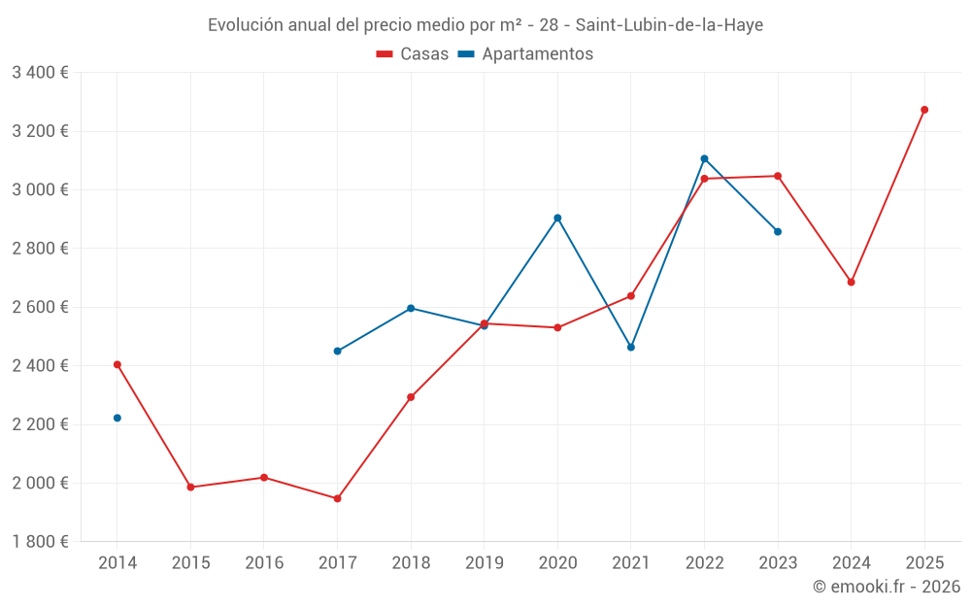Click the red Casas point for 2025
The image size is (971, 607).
tap(924, 110)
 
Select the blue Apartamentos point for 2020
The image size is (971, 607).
tap(557, 218)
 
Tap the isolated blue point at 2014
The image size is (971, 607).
tap(117, 418)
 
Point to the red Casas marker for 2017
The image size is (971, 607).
tap(337, 498)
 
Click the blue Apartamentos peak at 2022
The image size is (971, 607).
tap(704, 158)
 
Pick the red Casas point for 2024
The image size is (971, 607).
tap(851, 282)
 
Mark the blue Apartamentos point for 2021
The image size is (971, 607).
tap(631, 347)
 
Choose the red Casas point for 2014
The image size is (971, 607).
tap(117, 364)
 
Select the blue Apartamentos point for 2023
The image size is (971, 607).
tap(778, 231)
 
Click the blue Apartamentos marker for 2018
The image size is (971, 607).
tap(411, 308)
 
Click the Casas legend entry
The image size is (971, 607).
tap(414, 54)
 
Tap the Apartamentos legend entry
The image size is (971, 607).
tap(525, 54)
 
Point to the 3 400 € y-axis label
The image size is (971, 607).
tap(40, 72)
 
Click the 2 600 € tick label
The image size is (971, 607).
tap(40, 307)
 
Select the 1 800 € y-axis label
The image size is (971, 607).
tap(40, 542)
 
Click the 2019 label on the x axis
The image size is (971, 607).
tap(484, 562)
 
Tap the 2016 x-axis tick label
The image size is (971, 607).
tap(264, 562)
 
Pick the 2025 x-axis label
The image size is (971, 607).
tap(924, 562)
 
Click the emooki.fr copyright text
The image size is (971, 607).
tap(886, 587)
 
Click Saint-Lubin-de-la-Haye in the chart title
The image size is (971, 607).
tap(669, 25)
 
